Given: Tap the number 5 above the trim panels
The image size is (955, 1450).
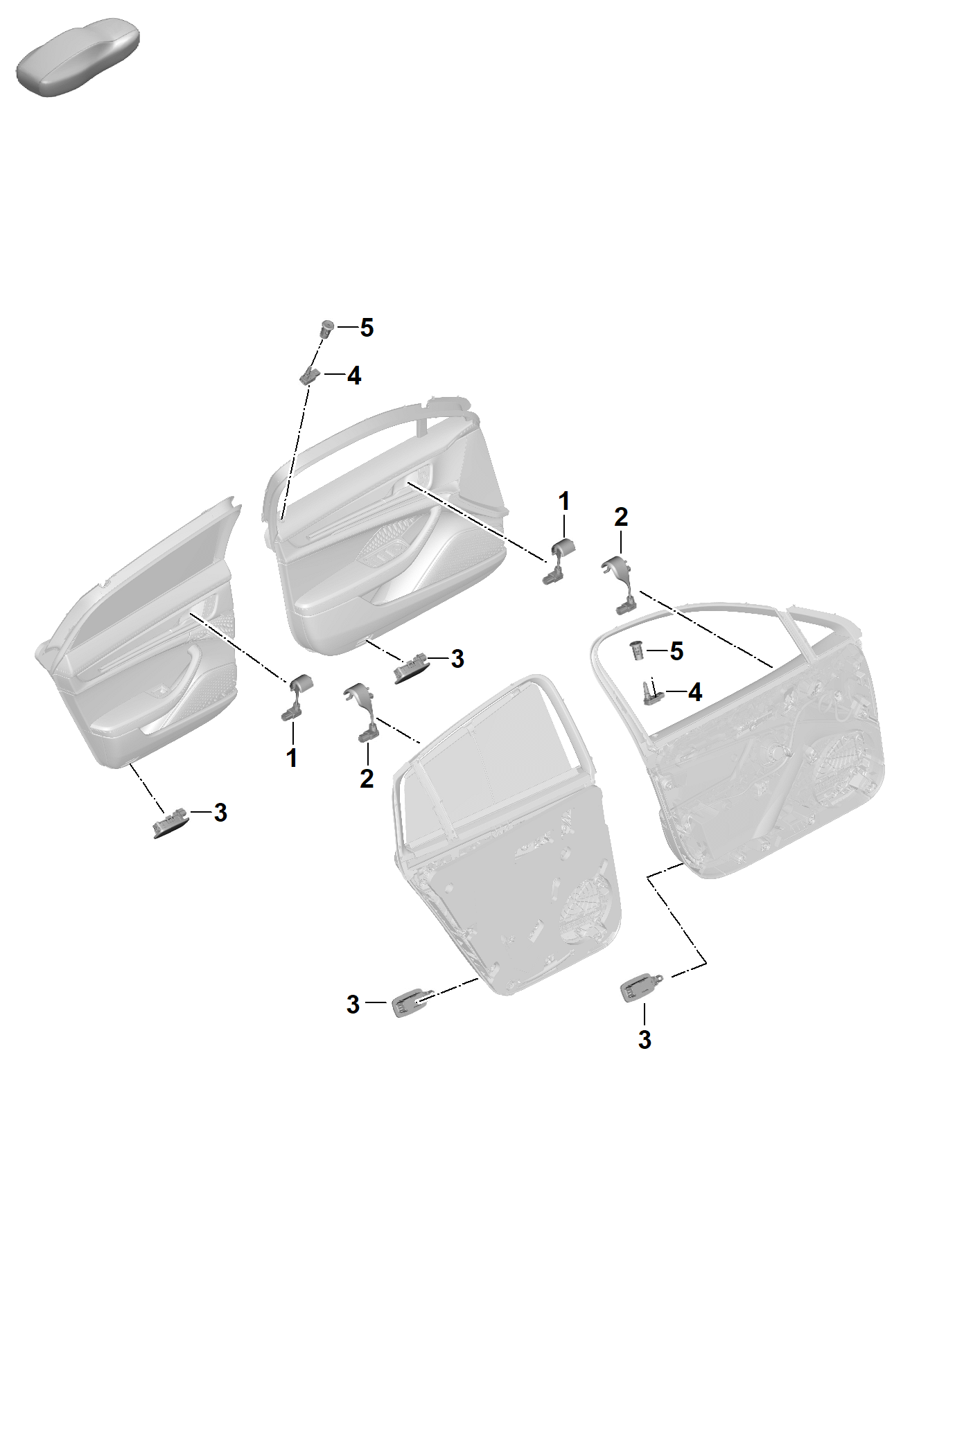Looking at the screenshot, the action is [367, 328].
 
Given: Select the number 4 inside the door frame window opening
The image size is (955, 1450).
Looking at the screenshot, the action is [694, 691].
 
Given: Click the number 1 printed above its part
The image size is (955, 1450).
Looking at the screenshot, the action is [564, 501].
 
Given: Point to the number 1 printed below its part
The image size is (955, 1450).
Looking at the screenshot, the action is [292, 758].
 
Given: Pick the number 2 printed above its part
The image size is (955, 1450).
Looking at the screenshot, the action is [621, 516].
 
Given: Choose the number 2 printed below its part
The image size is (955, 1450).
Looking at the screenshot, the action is [367, 779].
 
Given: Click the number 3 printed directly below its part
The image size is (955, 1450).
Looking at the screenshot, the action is [645, 1039].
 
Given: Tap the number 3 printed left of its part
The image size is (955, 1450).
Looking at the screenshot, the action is [353, 1004].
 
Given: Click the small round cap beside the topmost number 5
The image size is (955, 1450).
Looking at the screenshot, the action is [326, 327].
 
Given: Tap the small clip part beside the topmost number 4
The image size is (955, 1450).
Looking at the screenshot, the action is [309, 375].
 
